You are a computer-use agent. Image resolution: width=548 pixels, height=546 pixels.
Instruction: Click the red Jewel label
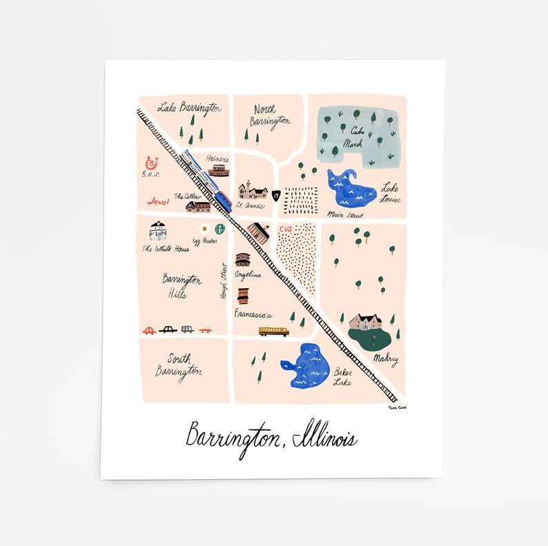[159, 202]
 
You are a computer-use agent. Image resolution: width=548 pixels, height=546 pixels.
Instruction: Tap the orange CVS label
[286, 228]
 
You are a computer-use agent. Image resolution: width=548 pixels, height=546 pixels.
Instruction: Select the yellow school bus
[273, 331]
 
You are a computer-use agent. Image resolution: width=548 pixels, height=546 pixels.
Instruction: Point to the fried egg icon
[204, 228]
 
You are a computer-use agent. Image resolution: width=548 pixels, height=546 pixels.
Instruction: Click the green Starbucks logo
[219, 228]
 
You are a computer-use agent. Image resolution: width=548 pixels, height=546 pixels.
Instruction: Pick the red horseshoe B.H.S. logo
[152, 163]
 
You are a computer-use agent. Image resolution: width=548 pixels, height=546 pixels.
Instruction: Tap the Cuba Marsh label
[358, 134]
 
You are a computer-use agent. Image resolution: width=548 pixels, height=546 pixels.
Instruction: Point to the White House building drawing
[158, 231]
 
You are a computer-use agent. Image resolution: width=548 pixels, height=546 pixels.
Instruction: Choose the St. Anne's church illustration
[253, 190]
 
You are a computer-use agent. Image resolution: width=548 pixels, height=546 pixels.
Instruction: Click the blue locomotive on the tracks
[222, 199]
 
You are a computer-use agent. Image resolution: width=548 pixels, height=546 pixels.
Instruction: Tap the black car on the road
[168, 330]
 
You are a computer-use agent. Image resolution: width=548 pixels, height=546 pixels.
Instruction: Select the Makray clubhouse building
[366, 321]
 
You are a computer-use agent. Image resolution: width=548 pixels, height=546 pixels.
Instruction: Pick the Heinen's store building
[218, 170]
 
